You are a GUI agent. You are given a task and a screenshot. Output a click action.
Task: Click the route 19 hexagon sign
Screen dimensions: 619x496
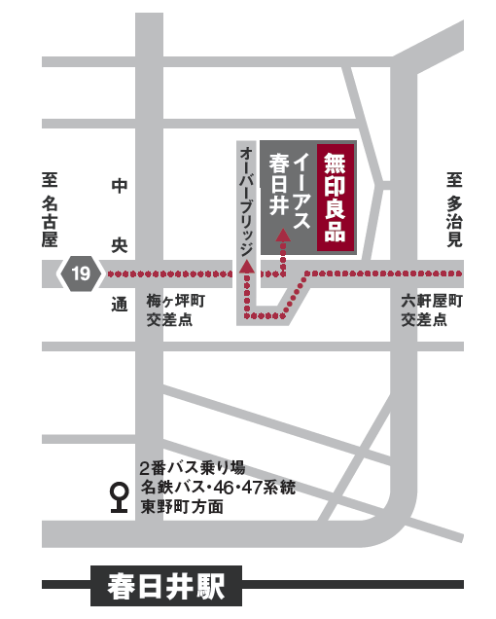[x=80, y=273]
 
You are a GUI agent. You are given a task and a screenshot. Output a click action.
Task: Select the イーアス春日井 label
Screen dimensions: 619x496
[x=291, y=190]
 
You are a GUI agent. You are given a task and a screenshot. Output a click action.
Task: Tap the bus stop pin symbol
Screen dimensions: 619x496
[x=120, y=497]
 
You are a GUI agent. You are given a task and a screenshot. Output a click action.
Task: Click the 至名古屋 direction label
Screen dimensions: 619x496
[x=50, y=208]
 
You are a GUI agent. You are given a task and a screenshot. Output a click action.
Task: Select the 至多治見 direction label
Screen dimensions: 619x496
[x=453, y=208]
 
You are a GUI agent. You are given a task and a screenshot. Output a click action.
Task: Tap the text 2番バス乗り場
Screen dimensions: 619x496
[x=194, y=466]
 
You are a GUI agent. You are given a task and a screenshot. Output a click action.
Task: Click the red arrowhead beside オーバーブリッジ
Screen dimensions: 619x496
[x=247, y=264]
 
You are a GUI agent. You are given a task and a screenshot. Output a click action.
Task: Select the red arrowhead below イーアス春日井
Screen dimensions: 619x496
[x=283, y=234]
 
